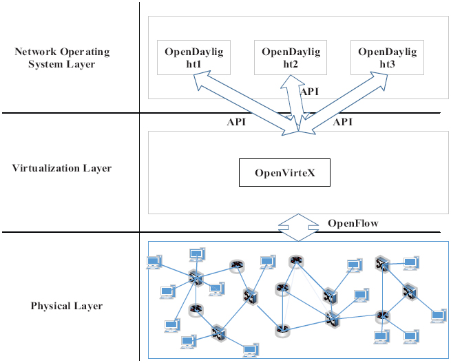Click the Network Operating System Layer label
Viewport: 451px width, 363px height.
(62, 58)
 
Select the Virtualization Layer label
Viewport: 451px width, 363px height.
(62, 168)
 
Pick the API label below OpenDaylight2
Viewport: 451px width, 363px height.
(309, 91)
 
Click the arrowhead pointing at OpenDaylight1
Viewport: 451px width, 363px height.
(200, 81)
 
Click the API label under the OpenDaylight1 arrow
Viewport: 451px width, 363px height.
(236, 122)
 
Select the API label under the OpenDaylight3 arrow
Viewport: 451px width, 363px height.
(343, 122)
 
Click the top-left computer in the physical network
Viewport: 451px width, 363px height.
(154, 262)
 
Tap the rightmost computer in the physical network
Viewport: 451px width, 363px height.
(437, 316)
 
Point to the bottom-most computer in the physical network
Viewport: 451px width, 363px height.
(250, 350)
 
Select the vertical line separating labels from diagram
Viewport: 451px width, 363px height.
(139, 172)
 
